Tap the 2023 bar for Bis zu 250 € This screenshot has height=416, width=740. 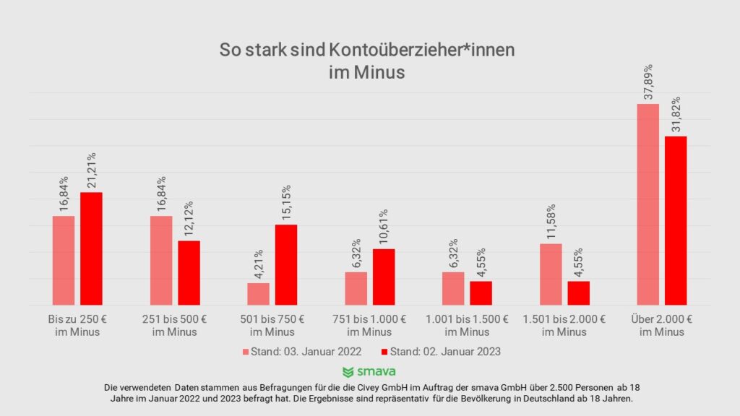(x=91, y=248)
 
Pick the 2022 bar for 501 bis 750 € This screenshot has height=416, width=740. (x=258, y=294)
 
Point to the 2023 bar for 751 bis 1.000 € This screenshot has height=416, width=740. (x=384, y=277)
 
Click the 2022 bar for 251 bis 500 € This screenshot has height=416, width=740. (x=161, y=260)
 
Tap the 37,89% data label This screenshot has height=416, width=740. (x=647, y=82)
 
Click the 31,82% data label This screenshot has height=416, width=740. (x=676, y=115)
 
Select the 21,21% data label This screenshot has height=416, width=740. (x=91, y=170)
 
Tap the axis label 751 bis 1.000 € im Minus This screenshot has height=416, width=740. (x=369, y=325)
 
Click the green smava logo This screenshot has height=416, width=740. (x=369, y=372)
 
